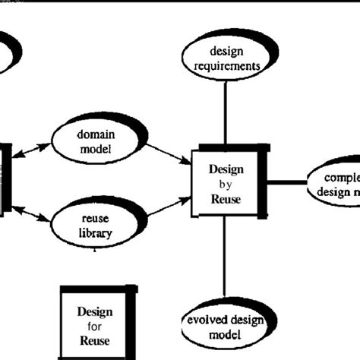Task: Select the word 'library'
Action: coord(96,233)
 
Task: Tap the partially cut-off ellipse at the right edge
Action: coord(335,184)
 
